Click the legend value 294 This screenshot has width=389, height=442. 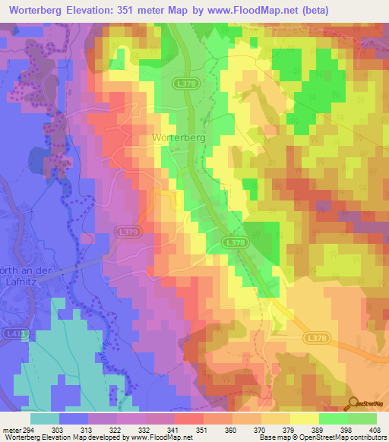(28, 430)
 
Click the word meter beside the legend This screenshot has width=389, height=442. (11, 430)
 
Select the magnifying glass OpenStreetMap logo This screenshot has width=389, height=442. (354, 404)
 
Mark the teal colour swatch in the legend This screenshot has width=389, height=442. (45, 418)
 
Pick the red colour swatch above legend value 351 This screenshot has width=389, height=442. (187, 418)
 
